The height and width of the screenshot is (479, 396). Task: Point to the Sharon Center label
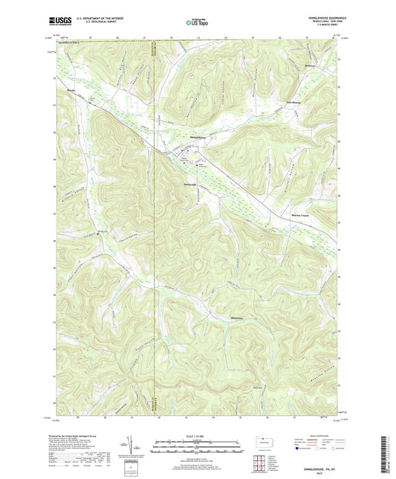coord(299,214)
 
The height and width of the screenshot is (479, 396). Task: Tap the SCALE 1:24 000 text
coord(197,435)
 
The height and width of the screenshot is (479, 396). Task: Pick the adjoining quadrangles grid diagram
coord(264,460)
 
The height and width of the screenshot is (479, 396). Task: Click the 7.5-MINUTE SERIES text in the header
coord(320,27)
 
